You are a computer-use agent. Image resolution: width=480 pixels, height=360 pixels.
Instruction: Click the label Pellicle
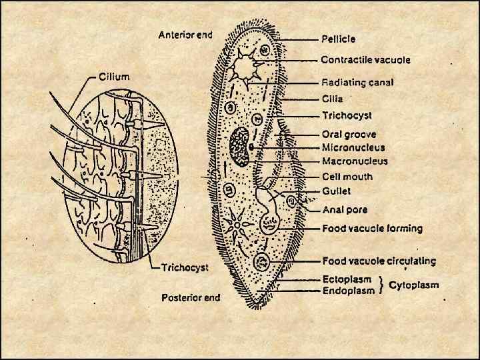pos(338,39)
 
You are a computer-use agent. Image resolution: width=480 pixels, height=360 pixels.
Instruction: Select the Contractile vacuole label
pos(365,60)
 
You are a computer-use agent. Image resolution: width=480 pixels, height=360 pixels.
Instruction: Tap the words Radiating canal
pos(357,83)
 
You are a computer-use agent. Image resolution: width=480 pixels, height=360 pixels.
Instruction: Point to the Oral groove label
pos(349,135)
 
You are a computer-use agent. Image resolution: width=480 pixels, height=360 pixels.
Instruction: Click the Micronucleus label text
pos(353,147)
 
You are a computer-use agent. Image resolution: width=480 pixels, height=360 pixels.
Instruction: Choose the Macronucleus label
pos(355,161)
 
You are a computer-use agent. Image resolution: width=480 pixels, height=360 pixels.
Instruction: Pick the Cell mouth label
pos(347,177)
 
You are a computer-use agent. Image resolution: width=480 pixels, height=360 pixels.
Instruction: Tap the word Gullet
pos(337,191)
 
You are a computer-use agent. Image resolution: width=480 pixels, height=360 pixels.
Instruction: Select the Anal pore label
pos(345,209)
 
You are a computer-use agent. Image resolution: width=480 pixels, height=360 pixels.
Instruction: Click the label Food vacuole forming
pos(372,229)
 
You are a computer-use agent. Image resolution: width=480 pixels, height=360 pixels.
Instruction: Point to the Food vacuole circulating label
pos(379,261)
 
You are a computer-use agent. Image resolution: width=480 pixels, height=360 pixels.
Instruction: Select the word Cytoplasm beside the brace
pos(414,285)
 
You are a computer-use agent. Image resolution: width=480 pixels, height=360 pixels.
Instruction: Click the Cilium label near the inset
pos(115,76)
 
